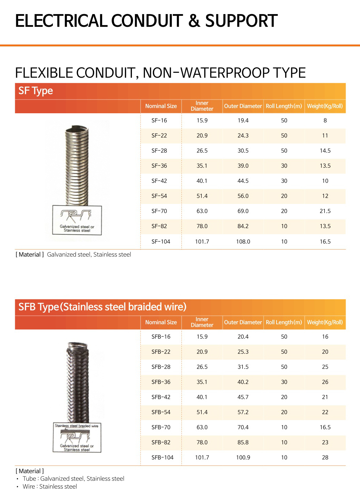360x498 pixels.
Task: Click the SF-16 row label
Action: coord(159,120)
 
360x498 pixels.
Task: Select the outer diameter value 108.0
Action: coord(243,242)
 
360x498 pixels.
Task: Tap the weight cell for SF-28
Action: coord(325,151)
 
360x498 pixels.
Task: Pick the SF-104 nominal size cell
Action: coord(161,242)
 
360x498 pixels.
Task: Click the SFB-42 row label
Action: coord(161,397)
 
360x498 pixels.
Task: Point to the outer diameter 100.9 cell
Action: coord(243,458)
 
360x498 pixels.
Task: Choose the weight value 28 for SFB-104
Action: coord(325,458)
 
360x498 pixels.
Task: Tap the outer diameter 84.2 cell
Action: coord(243,226)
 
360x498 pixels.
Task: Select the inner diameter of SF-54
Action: coord(202,196)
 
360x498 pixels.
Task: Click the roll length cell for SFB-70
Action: coord(284,427)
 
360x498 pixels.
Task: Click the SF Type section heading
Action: coord(36,91)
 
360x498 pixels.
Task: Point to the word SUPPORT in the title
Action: coord(241,21)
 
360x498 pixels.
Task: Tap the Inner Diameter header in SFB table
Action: coord(202,322)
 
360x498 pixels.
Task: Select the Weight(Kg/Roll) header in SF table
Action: coord(325,106)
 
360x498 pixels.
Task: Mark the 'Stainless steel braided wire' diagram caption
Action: coord(77,426)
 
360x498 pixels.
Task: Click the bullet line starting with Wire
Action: coord(50,487)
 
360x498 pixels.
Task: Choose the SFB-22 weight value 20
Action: coord(325,352)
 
